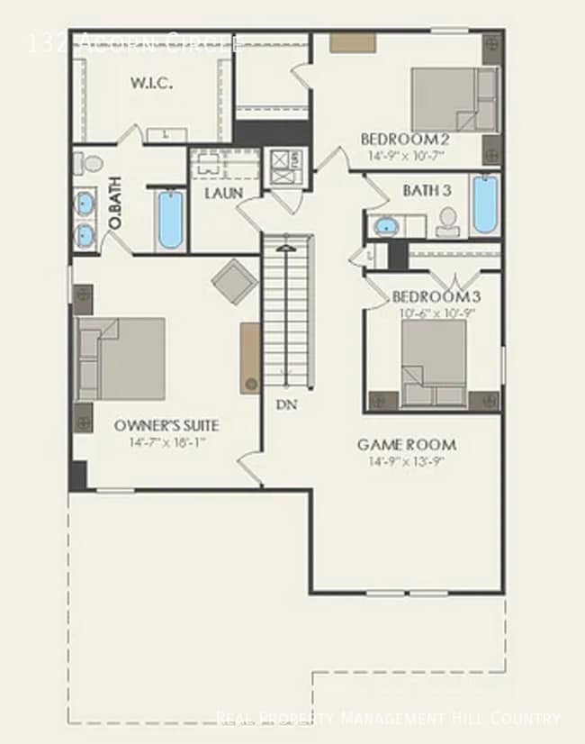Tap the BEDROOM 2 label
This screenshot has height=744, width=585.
(x=405, y=139)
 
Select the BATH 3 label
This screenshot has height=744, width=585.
(x=427, y=190)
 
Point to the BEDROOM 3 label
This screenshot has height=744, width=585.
(x=430, y=296)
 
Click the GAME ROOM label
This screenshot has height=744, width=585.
(x=407, y=444)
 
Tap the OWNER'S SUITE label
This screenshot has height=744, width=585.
(x=166, y=425)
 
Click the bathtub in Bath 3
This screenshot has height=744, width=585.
(x=484, y=204)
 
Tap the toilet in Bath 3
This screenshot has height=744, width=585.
(x=447, y=221)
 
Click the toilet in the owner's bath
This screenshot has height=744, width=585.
(x=87, y=164)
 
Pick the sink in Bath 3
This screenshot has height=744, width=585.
(x=386, y=225)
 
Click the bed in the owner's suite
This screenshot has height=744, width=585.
(x=121, y=358)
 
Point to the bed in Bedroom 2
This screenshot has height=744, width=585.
(x=454, y=99)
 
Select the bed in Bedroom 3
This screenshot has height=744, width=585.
(x=433, y=363)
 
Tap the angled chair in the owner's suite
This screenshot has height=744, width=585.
(x=235, y=280)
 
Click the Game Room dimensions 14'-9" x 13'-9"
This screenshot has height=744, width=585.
(x=407, y=461)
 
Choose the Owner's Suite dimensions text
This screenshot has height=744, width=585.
(x=166, y=442)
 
